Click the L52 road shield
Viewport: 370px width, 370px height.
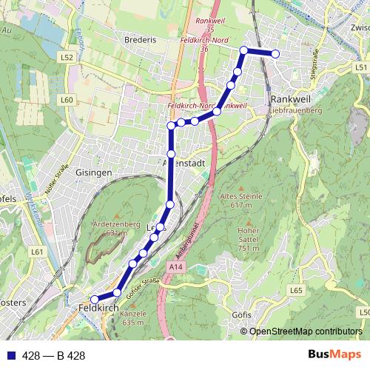tap(67, 57)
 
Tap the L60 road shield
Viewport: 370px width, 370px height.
tap(67, 99)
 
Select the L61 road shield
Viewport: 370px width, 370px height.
tap(38, 252)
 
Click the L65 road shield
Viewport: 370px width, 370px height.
tap(296, 291)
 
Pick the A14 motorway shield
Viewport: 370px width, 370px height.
tap(175, 266)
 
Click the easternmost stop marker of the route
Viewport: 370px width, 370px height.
tap(275, 53)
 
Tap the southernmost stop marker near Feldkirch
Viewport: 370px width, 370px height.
tap(94, 300)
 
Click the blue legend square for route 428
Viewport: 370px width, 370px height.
tap(11, 355)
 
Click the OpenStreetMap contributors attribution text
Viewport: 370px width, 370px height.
tap(306, 332)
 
